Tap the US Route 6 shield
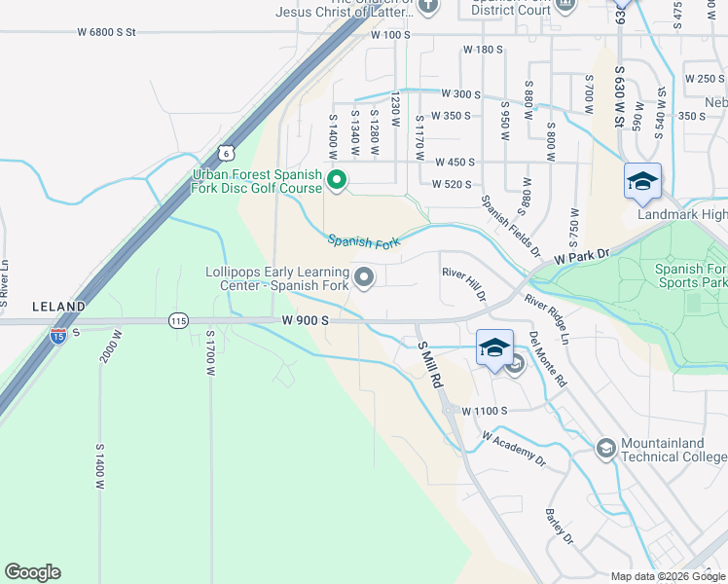[x=226, y=153]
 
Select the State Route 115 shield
[x=178, y=320]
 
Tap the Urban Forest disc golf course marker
[x=338, y=180]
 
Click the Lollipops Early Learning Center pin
[x=364, y=278]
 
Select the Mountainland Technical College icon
[x=605, y=448]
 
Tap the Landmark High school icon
[x=642, y=181]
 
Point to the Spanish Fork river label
[x=364, y=240]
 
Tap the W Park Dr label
[x=581, y=258]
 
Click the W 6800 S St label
[x=107, y=32]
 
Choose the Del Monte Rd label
[x=548, y=360]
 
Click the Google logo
[x=32, y=572]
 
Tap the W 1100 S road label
[x=484, y=411]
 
